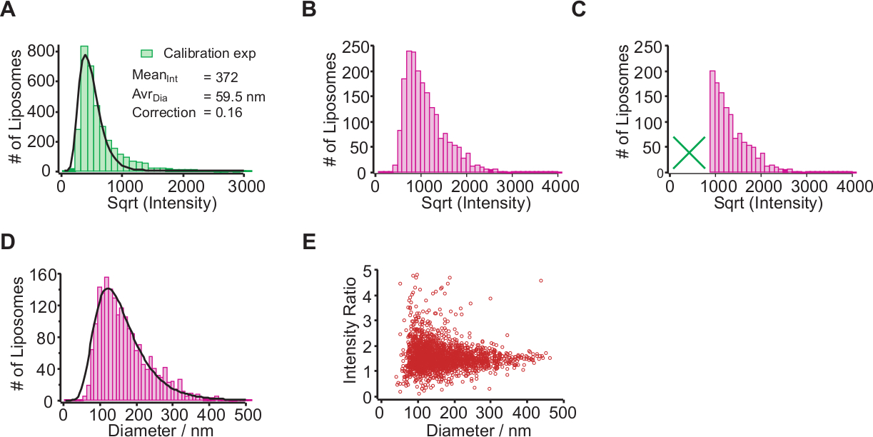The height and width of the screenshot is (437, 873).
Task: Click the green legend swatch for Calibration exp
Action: [x=146, y=53]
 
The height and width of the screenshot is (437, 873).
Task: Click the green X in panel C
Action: [x=689, y=153]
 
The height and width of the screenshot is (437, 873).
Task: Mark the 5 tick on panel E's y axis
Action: [x=366, y=271]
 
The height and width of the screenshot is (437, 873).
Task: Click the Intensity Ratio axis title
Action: [x=350, y=333]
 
